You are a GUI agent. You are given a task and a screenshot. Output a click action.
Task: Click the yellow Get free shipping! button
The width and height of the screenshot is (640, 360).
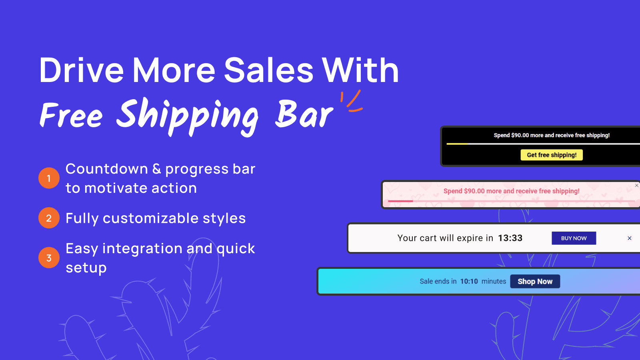click(552, 155)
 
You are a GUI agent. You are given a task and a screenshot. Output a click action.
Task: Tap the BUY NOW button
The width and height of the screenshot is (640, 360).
click(574, 238)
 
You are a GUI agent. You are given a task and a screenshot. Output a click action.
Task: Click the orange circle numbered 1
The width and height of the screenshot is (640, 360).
click(49, 178)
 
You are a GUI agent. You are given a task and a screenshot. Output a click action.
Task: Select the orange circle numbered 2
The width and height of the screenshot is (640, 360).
click(49, 218)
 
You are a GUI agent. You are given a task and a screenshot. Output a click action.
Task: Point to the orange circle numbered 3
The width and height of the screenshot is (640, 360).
click(49, 258)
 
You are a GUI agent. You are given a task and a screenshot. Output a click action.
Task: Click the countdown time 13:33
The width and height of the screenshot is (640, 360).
click(510, 238)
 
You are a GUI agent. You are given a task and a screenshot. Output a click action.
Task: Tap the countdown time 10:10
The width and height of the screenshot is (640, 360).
click(469, 282)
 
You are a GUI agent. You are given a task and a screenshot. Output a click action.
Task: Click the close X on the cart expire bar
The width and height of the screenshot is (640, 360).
click(630, 238)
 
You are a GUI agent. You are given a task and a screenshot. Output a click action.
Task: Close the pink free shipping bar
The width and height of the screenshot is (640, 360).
click(636, 186)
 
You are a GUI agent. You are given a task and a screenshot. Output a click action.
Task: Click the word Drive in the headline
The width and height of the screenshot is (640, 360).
click(82, 70)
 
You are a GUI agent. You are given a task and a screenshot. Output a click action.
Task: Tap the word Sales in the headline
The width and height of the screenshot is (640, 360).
click(268, 70)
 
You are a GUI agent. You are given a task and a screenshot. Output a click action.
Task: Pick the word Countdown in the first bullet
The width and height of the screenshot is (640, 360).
click(106, 168)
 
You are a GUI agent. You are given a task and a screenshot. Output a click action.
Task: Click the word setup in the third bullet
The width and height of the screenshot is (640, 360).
click(86, 268)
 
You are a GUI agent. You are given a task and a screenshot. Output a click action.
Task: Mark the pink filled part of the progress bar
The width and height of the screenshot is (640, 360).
click(400, 201)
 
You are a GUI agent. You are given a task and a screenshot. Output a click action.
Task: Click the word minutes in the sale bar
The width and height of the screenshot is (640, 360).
click(494, 282)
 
